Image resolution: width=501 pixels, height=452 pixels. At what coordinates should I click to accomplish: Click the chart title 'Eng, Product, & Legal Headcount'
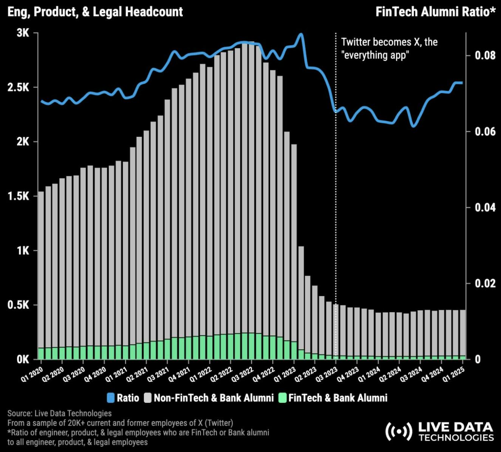point(95,12)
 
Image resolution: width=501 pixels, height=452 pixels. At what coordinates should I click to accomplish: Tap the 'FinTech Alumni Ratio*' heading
point(435,12)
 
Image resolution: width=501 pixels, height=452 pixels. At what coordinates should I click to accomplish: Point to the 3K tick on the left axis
point(23,33)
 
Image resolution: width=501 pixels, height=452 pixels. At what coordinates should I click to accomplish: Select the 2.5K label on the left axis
point(18,88)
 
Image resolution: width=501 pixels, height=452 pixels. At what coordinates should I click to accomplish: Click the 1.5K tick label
point(18,197)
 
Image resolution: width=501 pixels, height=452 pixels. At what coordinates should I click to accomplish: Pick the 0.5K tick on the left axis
point(18,305)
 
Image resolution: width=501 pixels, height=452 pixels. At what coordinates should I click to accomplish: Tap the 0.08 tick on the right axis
point(485,56)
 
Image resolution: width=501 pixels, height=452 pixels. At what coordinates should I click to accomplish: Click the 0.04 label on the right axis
point(485,207)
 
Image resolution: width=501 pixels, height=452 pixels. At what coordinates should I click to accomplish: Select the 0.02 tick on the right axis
point(485,283)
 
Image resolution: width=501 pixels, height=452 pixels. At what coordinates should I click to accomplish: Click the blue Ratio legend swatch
point(111,398)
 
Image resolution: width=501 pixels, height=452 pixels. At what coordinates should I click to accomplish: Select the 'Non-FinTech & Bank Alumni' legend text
point(213,398)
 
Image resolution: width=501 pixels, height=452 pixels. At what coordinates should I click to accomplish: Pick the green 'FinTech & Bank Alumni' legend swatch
point(282,398)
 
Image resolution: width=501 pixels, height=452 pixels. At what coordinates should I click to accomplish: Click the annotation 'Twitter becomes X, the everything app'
point(389,48)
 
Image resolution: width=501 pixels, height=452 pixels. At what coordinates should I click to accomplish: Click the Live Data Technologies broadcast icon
point(398,431)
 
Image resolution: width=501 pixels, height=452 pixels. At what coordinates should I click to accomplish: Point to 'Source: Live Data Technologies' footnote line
point(59,413)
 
